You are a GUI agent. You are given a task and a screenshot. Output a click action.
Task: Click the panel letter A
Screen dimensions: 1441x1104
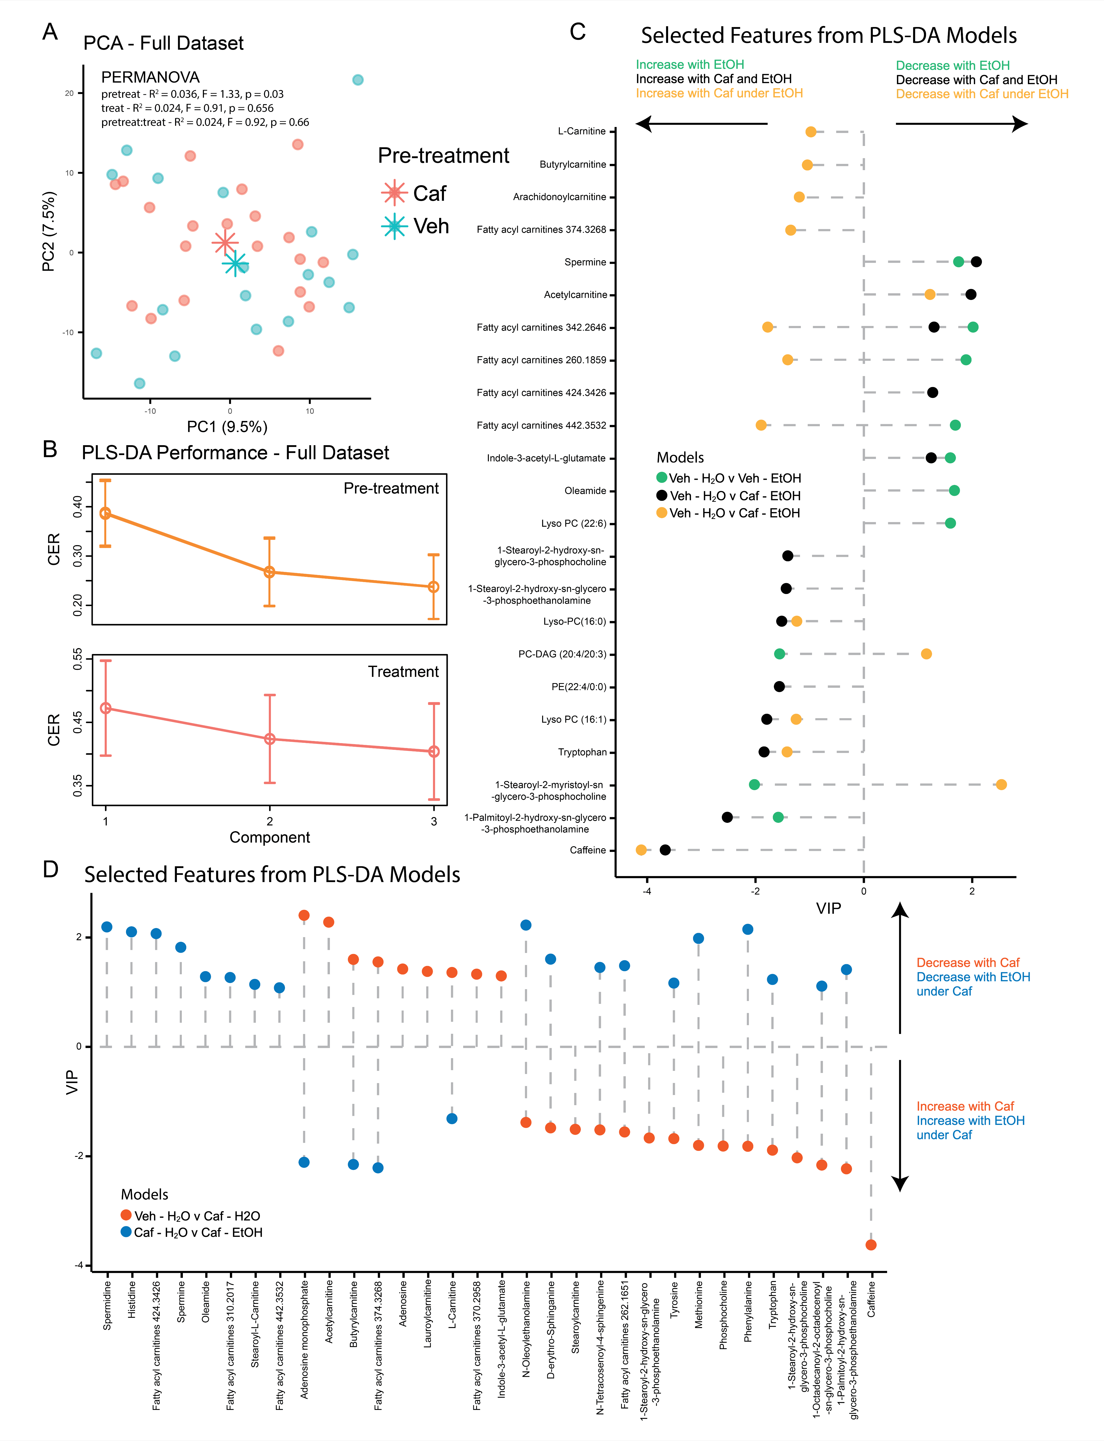pyautogui.click(x=50, y=31)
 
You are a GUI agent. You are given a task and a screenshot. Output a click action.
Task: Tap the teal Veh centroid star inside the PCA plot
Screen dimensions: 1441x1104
pyautogui.click(x=235, y=264)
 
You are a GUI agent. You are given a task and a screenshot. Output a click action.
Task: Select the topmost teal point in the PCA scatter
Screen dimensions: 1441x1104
pyautogui.click(x=357, y=79)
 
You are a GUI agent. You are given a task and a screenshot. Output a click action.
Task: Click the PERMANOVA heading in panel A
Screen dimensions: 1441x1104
pyautogui.click(x=150, y=77)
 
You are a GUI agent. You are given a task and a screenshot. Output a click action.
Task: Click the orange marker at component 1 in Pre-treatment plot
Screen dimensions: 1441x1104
pyautogui.click(x=105, y=513)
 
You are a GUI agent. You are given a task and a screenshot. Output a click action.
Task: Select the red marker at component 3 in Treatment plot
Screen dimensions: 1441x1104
pyautogui.click(x=434, y=751)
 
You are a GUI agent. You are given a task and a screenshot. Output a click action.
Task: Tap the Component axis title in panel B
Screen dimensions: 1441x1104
pyautogui.click(x=269, y=837)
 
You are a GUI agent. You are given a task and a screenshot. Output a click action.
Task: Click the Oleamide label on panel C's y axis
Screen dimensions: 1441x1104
pyautogui.click(x=585, y=491)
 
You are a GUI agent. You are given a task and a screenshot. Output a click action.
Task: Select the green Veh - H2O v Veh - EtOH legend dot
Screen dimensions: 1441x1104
pyautogui.click(x=662, y=478)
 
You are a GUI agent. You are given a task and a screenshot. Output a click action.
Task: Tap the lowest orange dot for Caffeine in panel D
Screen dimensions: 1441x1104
pyautogui.click(x=871, y=1245)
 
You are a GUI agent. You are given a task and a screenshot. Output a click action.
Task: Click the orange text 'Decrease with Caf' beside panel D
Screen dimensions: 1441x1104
pyautogui.click(x=967, y=963)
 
